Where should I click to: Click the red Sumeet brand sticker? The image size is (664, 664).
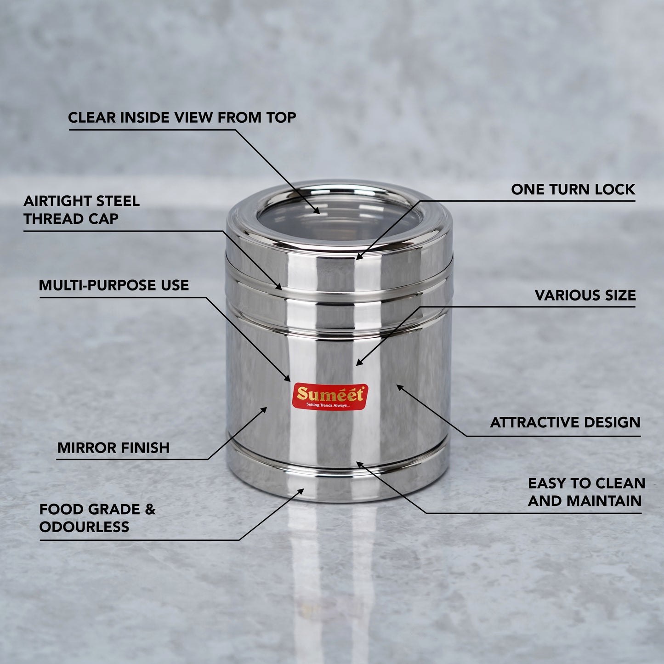[330, 397]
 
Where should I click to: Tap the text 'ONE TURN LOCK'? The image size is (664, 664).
[573, 189]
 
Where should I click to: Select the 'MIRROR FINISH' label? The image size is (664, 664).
[114, 448]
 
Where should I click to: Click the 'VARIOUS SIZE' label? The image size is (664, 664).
[585, 295]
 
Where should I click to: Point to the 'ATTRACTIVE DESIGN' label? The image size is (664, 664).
[565, 422]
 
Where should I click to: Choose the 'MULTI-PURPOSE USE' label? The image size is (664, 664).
[114, 285]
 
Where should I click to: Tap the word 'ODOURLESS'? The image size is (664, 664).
[85, 527]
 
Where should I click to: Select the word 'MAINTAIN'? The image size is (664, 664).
[604, 501]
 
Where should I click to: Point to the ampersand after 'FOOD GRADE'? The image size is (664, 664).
[150, 509]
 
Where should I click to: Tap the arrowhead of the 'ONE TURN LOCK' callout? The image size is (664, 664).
[359, 257]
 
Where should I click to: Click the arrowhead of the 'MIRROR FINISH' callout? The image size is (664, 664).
[264, 410]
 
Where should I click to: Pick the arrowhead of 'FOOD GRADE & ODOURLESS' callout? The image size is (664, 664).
[301, 491]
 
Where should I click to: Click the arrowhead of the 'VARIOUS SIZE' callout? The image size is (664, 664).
[359, 363]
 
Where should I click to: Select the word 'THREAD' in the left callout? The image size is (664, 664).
[48, 219]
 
